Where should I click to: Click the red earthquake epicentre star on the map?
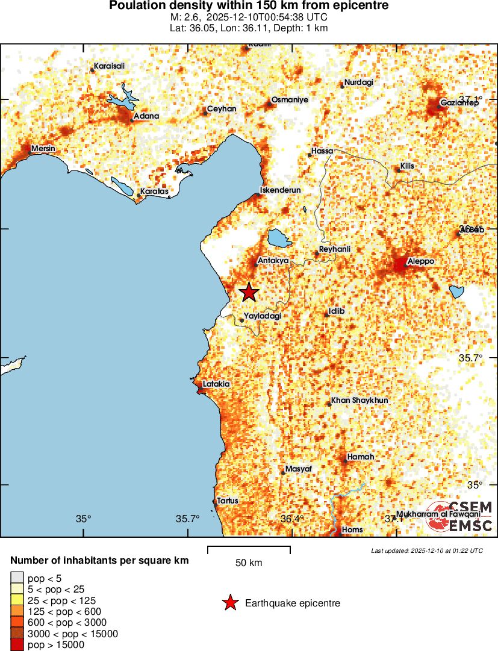249,293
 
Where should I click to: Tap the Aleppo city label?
421,261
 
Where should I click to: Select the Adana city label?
146,116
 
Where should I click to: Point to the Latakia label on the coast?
216,384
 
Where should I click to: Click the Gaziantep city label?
459,103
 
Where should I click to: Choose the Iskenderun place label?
280,190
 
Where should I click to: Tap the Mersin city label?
43,148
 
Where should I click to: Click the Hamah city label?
361,457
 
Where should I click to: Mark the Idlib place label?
337,312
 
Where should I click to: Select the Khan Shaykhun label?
359,400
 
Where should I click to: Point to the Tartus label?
228,500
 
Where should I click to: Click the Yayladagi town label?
263,316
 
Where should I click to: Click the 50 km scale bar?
249,549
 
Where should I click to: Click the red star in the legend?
230,603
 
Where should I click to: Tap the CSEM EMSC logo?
460,516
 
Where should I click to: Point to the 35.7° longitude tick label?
188,519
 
